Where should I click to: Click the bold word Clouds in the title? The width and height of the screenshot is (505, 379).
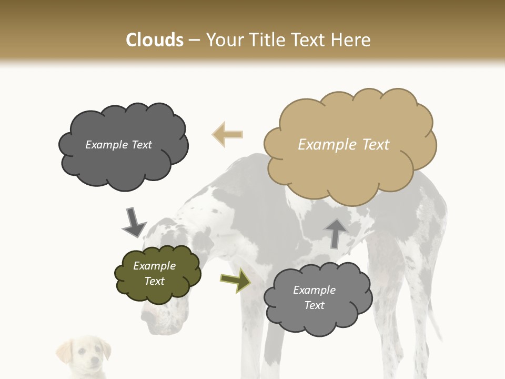click(155, 40)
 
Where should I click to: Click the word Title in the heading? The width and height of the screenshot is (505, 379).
click(264, 40)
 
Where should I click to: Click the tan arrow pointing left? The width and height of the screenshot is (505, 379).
click(227, 134)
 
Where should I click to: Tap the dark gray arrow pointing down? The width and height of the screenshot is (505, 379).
click(134, 222)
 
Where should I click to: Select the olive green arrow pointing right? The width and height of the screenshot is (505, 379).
click(235, 280)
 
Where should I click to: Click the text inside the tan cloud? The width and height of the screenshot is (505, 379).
click(344, 145)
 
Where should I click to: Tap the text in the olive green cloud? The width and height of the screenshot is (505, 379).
click(154, 273)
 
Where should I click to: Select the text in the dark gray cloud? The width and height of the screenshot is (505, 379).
click(118, 145)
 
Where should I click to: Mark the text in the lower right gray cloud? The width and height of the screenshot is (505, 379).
click(314, 297)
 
